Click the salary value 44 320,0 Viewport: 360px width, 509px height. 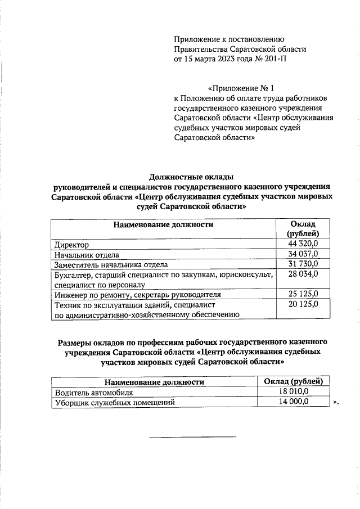(x=303, y=244)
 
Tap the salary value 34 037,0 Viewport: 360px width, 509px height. (x=303, y=254)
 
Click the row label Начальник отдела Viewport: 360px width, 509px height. (x=87, y=255)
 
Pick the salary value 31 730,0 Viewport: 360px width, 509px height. (x=303, y=264)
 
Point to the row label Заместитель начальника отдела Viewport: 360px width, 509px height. (x=111, y=264)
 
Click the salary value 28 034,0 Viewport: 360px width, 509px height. (x=303, y=274)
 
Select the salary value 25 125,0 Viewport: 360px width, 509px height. (x=303, y=294)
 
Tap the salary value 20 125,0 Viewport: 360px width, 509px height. (x=303, y=304)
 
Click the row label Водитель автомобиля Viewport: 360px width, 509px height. (x=93, y=393)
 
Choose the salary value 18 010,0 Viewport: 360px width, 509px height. (x=294, y=392)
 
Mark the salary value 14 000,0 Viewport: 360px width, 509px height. (x=294, y=402)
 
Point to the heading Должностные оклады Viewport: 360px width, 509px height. (x=191, y=177)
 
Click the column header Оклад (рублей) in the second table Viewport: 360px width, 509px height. (x=294, y=382)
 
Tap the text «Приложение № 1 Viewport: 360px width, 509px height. (x=241, y=89)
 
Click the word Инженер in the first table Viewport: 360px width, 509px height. (x=70, y=294)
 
